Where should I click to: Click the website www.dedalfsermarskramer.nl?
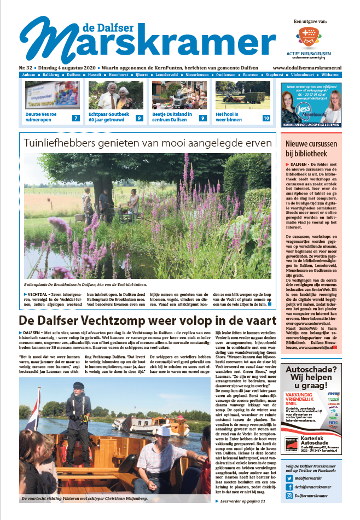314,67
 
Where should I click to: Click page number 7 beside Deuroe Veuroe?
76,118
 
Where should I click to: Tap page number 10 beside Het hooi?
266,118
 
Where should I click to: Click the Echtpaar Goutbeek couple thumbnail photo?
115,96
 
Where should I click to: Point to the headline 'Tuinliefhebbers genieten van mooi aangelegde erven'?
147,143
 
